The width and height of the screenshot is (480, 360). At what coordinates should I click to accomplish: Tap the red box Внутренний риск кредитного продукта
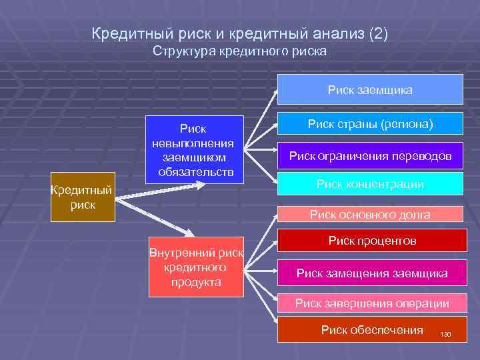(x=196, y=267)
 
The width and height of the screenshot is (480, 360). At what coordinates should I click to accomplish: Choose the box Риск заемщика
(x=370, y=89)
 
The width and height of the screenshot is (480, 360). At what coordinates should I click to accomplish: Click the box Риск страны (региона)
(x=370, y=125)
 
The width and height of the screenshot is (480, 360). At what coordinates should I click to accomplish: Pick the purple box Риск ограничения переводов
(x=370, y=156)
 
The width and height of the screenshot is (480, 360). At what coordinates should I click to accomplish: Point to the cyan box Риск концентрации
(x=370, y=185)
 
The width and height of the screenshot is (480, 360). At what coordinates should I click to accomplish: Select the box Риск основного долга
(x=370, y=214)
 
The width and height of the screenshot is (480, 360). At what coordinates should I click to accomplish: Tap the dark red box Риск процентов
(x=370, y=241)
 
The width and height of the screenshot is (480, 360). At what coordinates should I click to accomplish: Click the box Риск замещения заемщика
(x=370, y=273)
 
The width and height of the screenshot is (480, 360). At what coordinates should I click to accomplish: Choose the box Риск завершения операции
(x=370, y=303)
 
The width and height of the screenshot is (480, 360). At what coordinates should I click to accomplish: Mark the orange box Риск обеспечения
(x=370, y=329)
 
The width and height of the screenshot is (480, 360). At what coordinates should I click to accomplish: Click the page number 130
(x=445, y=334)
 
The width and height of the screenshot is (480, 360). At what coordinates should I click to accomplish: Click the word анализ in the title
(x=331, y=33)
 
